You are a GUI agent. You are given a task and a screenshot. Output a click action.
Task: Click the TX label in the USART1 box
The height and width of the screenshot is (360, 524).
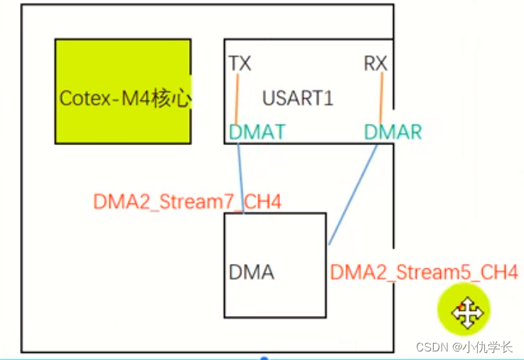coord(240,64)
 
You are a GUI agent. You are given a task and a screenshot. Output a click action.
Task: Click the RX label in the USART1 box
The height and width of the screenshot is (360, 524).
coord(375,64)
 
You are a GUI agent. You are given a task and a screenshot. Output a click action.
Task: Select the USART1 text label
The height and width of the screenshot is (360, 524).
coord(297,98)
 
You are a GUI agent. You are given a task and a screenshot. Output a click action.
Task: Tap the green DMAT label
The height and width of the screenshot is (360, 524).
coord(257,131)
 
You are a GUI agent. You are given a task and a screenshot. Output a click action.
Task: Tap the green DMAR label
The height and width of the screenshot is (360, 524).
coord(392,131)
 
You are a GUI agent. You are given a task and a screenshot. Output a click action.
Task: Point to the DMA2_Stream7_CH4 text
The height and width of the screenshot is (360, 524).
coord(187,201)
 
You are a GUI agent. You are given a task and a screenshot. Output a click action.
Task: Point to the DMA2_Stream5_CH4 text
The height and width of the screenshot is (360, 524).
coord(424,272)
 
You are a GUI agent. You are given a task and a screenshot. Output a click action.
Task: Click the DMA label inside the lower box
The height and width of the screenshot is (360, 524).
coord(252,272)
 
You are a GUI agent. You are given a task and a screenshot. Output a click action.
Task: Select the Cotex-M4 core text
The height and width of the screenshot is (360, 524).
coord(124,98)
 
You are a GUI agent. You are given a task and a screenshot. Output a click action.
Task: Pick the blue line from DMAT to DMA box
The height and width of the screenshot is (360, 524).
coord(241,178)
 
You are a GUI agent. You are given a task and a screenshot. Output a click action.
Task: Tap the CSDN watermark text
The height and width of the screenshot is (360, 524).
coord(430,348)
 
